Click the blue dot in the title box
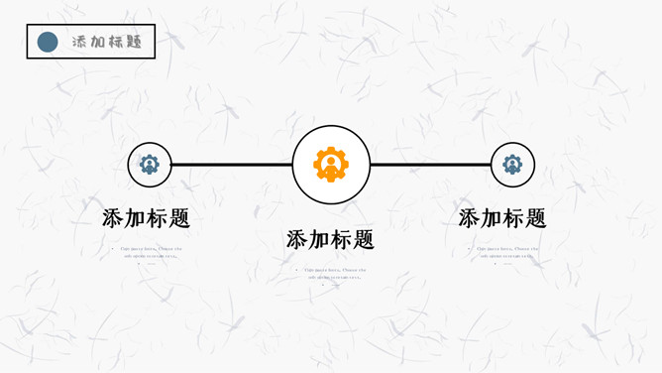pyautogui.click(x=47, y=42)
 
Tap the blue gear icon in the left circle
pyautogui.click(x=150, y=165)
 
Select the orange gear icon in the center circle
pyautogui.click(x=331, y=164)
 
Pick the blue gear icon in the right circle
pyautogui.click(x=512, y=165)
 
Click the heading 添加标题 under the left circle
pyautogui.click(x=147, y=218)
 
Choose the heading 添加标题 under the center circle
pyautogui.click(x=330, y=239)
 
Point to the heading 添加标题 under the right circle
pyautogui.click(x=502, y=218)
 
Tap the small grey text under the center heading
pyautogui.click(x=332, y=273)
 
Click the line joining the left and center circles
pyautogui.click(x=232, y=165)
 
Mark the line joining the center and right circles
pyautogui.click(x=430, y=165)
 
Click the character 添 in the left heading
pyautogui.click(x=114, y=218)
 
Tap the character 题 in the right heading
pyautogui.click(x=535, y=218)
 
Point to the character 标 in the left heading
pyautogui.click(x=158, y=218)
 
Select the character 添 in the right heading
pyautogui.click(x=470, y=218)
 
